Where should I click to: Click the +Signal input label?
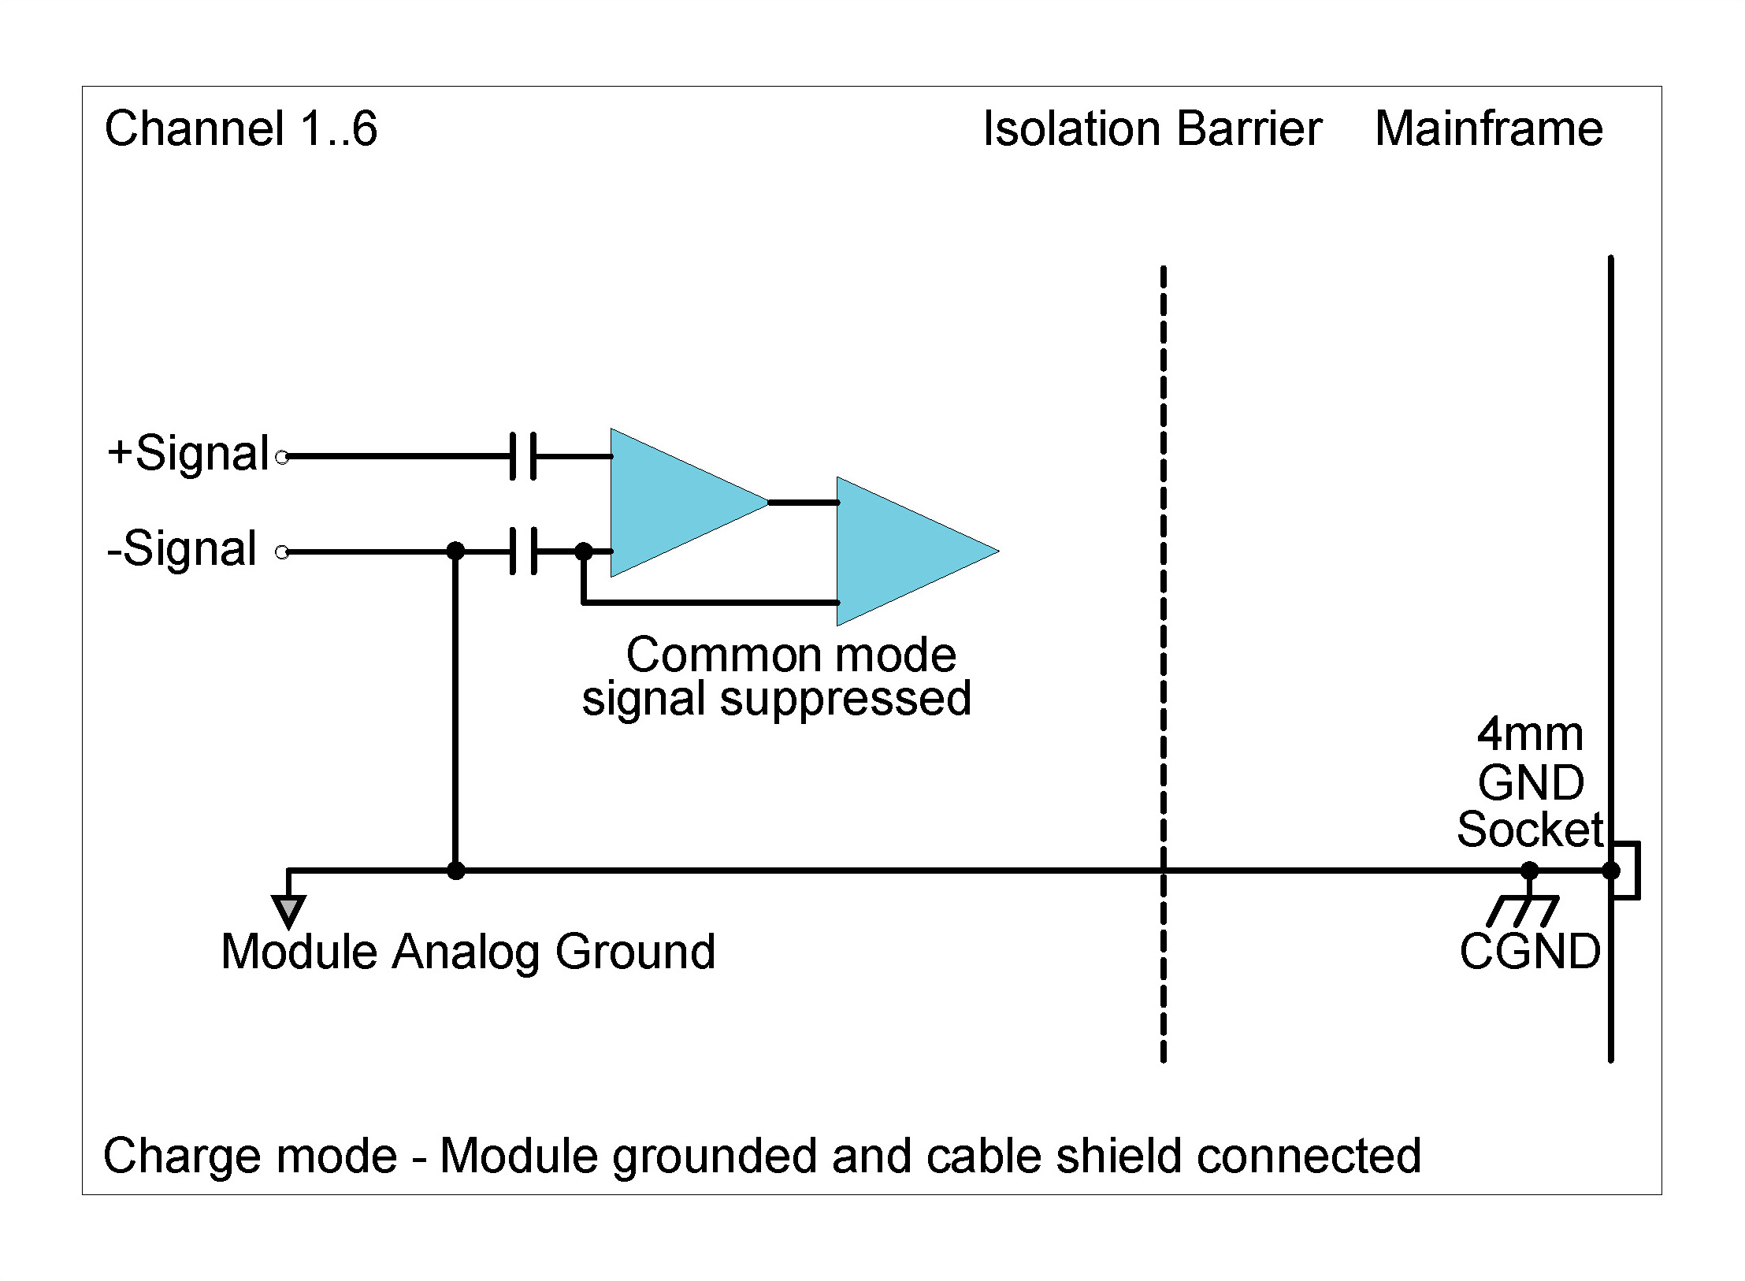(x=188, y=455)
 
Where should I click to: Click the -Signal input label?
(x=182, y=549)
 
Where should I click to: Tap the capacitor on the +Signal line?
(x=523, y=456)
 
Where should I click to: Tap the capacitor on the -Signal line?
(x=523, y=551)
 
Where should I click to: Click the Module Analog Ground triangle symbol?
(x=288, y=911)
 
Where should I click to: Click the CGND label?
(x=1529, y=952)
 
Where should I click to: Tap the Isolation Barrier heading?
(x=1152, y=129)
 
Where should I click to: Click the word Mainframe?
(x=1488, y=129)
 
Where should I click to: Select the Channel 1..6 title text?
(x=241, y=129)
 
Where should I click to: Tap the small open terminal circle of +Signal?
(x=282, y=456)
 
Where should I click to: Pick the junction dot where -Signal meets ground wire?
(x=455, y=551)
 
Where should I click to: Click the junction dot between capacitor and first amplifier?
(x=584, y=551)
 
